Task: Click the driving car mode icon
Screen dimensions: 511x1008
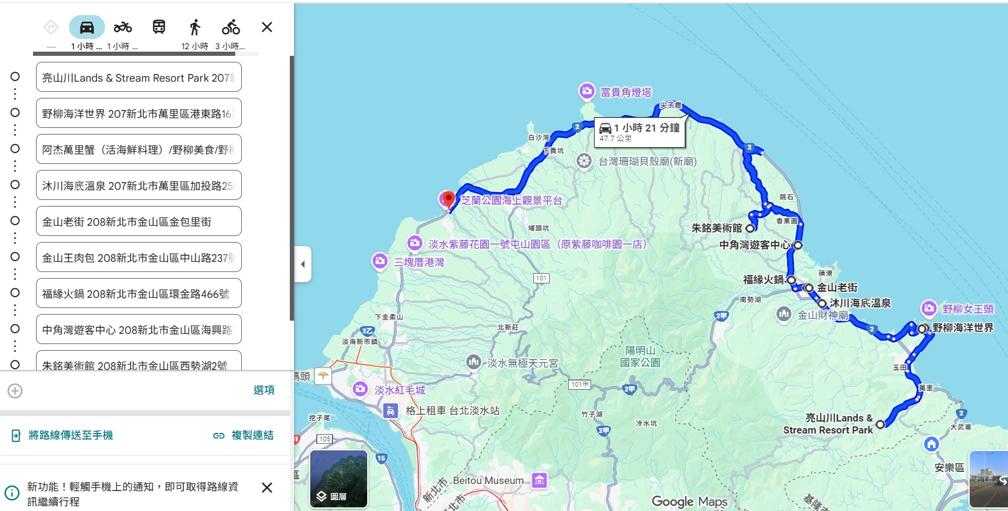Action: (87, 28)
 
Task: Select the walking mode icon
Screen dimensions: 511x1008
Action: (194, 28)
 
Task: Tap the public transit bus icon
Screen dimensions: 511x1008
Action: (159, 28)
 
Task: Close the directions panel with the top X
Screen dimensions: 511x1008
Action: (267, 27)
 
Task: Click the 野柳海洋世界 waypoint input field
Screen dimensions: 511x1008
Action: (139, 113)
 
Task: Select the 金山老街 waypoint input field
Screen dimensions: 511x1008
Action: (139, 222)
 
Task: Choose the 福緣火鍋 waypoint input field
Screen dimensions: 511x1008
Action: (139, 294)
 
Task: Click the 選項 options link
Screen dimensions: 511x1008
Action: (263, 390)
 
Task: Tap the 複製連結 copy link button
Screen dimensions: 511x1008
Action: (244, 435)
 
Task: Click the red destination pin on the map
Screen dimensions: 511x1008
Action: (448, 200)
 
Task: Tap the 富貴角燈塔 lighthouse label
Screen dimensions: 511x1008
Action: (625, 92)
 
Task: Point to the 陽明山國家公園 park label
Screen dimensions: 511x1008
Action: (640, 356)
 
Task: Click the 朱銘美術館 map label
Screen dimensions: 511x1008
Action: (716, 228)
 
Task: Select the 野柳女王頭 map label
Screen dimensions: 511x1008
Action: (967, 309)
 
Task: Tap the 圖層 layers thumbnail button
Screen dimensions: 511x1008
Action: (338, 479)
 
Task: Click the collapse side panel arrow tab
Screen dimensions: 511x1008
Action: (303, 264)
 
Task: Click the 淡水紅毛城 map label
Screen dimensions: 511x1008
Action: (400, 390)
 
